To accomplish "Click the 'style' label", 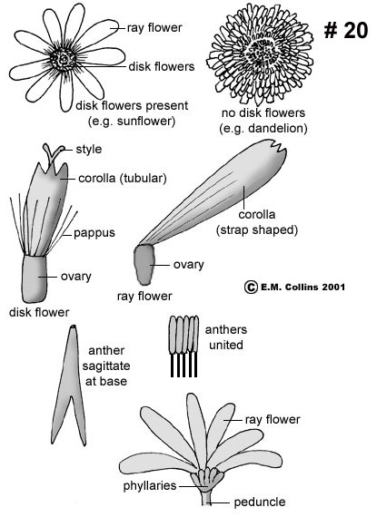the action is [88, 150].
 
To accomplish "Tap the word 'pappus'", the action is [94, 233].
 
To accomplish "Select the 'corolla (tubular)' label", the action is [123, 179].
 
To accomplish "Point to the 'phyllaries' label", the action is [150, 485].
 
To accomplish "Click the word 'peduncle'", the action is [260, 502].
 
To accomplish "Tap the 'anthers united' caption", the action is [226, 337].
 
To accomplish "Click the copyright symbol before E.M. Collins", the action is [251, 287].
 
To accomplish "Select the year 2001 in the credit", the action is [333, 287].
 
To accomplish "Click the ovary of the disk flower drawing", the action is [35, 279].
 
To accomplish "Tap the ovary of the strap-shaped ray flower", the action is [144, 265].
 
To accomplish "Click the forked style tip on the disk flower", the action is [54, 152].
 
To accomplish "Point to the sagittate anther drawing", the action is [70, 385].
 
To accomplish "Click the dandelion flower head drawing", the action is [260, 54].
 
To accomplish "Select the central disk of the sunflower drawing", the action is [64, 59].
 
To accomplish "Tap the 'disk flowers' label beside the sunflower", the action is [162, 66].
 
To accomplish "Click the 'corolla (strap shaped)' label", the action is [257, 222].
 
